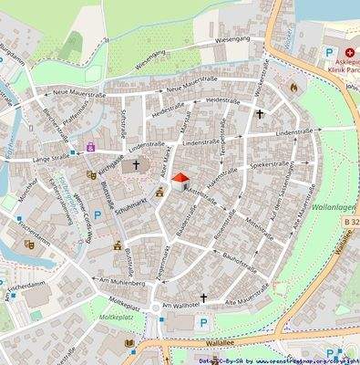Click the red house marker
tap(180, 180)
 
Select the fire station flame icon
tap(293, 89)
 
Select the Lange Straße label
tap(52, 159)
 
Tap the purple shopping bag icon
tap(90, 145)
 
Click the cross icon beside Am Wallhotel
tap(203, 297)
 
